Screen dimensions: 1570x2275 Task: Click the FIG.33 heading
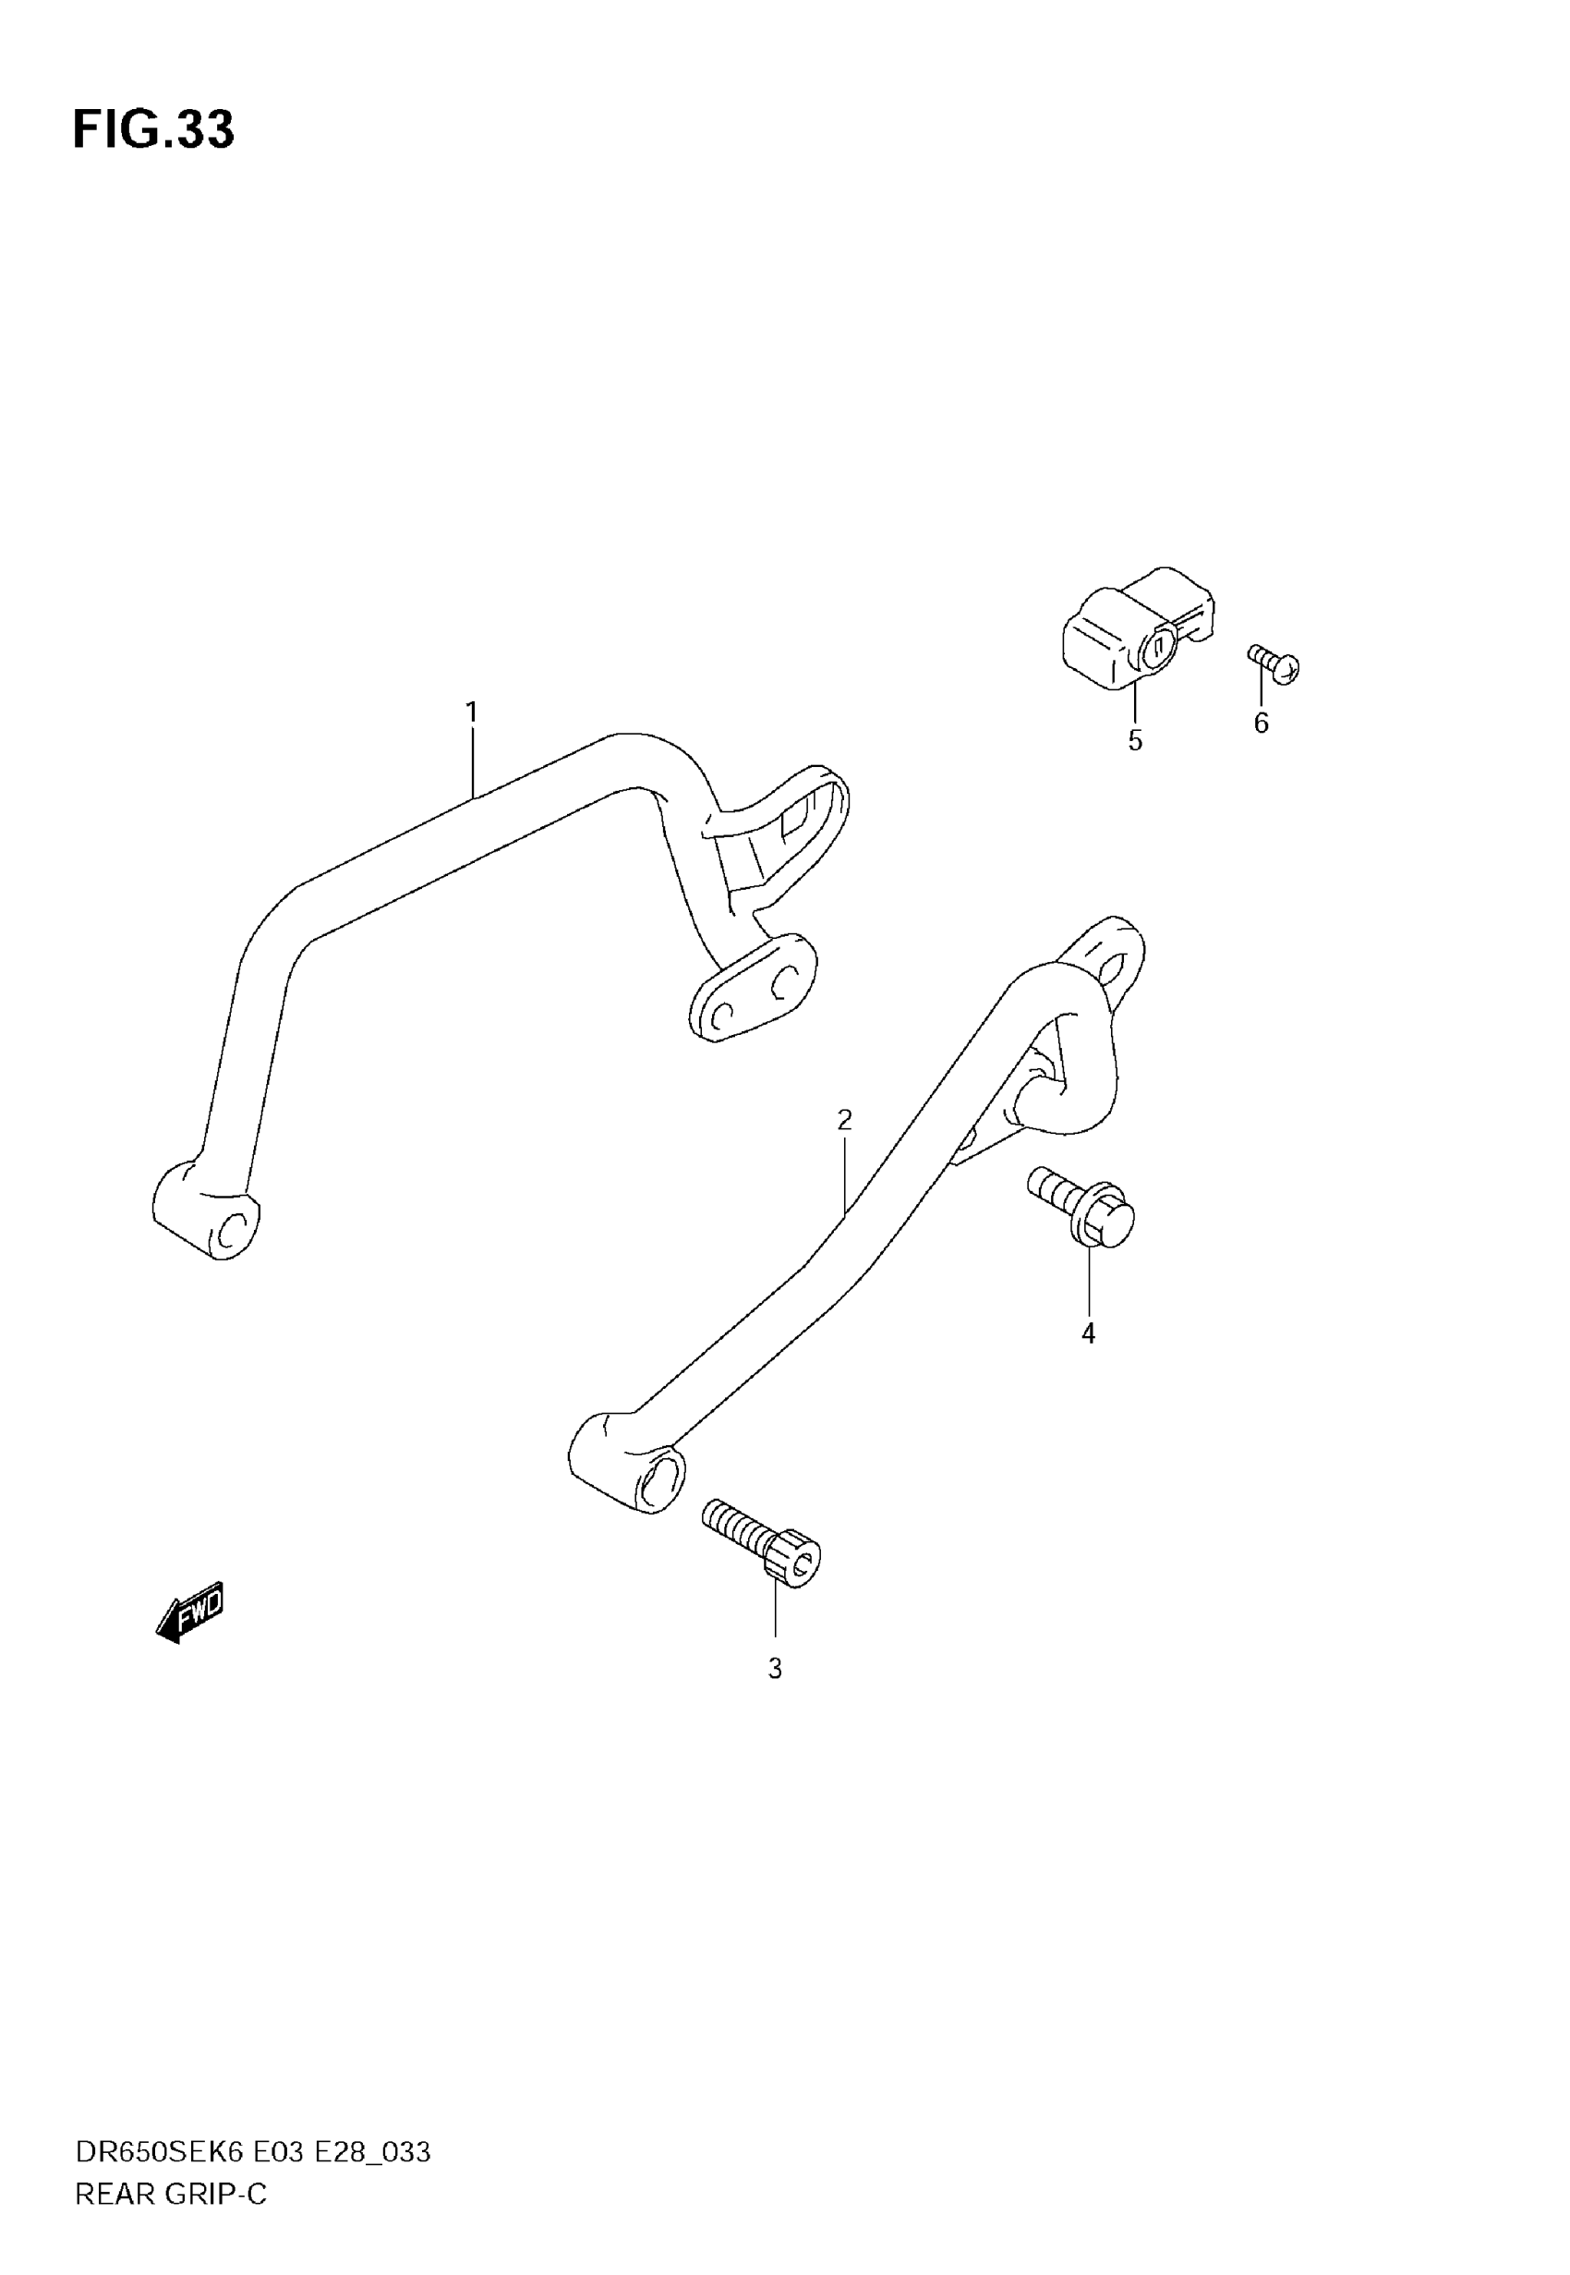(153, 130)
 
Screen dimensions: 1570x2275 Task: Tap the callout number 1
(471, 712)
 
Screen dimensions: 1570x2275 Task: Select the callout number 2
(844, 1120)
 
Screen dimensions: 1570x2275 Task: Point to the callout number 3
(775, 1669)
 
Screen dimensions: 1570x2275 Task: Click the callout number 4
(1088, 1333)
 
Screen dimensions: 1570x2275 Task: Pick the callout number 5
(1135, 741)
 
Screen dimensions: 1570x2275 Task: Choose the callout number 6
(1262, 724)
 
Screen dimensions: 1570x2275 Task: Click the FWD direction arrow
(191, 1612)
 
